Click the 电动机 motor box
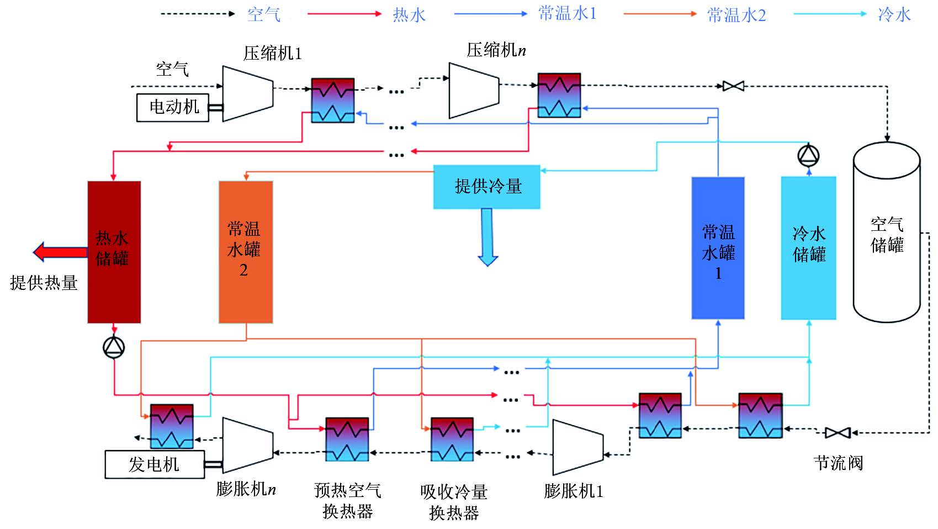173,107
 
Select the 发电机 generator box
155,464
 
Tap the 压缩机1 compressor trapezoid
248,93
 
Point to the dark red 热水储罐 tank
114,252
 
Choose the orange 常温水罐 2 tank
246,252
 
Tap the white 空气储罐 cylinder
887,232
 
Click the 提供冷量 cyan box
486,187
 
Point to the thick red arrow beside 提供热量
60,252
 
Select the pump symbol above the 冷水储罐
809,156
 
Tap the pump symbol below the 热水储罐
114,347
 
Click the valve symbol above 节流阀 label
838,433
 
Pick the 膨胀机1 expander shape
577,447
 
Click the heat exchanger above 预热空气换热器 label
347,439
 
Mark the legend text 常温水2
736,15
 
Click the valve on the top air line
733,86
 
